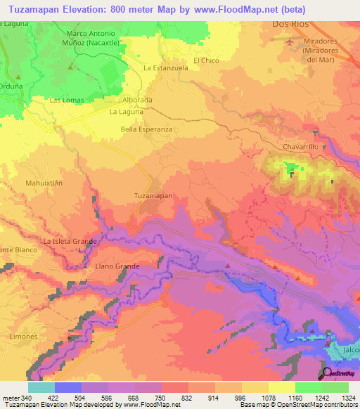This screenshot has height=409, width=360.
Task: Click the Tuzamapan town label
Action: point(153,197)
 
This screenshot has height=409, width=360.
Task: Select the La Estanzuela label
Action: point(165,68)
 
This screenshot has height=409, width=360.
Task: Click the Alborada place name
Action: point(137,100)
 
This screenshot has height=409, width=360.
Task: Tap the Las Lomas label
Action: point(67,100)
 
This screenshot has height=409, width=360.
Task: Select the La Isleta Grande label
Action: point(70,242)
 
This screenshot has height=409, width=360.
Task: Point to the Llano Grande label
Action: point(117,266)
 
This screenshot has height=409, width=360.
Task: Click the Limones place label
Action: point(24,337)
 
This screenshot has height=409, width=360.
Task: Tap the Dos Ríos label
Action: point(290,24)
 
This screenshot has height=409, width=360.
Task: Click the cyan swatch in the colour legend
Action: point(41,387)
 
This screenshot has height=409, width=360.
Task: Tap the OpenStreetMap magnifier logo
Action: point(327,372)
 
